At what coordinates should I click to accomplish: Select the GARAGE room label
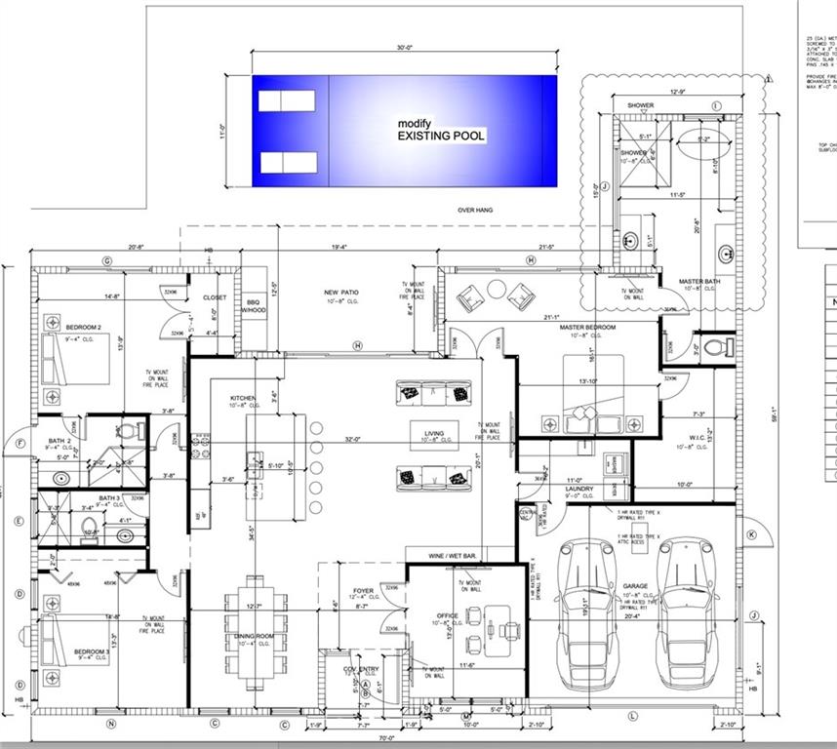[x=635, y=587]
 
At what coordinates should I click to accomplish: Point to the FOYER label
[x=364, y=591]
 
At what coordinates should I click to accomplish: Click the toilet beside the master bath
[x=713, y=346]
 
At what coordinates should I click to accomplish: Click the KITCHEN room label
[x=242, y=399]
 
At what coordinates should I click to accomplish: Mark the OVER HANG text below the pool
[x=473, y=210]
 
